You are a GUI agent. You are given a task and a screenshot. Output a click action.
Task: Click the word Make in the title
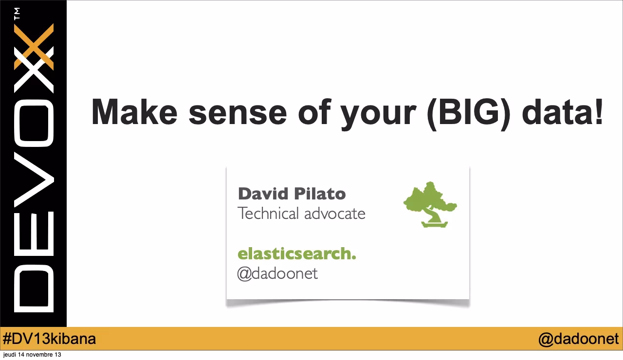[x=134, y=112]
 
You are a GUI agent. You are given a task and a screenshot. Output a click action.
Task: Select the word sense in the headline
[x=238, y=112]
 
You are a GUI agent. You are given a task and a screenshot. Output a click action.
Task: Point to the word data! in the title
[x=563, y=112]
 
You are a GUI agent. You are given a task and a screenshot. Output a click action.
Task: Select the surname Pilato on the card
[x=319, y=194]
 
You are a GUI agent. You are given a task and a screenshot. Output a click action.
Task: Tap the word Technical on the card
[x=268, y=213]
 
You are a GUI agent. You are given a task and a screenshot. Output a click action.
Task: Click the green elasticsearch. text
[x=296, y=253]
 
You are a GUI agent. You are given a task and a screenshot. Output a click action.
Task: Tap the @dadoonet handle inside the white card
[x=277, y=273]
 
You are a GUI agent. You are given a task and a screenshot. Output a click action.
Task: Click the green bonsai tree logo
[x=430, y=204]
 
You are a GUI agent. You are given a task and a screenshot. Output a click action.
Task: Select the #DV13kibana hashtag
[x=49, y=339]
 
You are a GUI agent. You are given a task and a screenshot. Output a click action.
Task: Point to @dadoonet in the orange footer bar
[x=578, y=339]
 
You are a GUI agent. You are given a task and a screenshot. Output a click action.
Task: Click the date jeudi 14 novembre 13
[x=32, y=355]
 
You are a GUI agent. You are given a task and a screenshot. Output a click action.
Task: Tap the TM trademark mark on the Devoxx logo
[x=18, y=14]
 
